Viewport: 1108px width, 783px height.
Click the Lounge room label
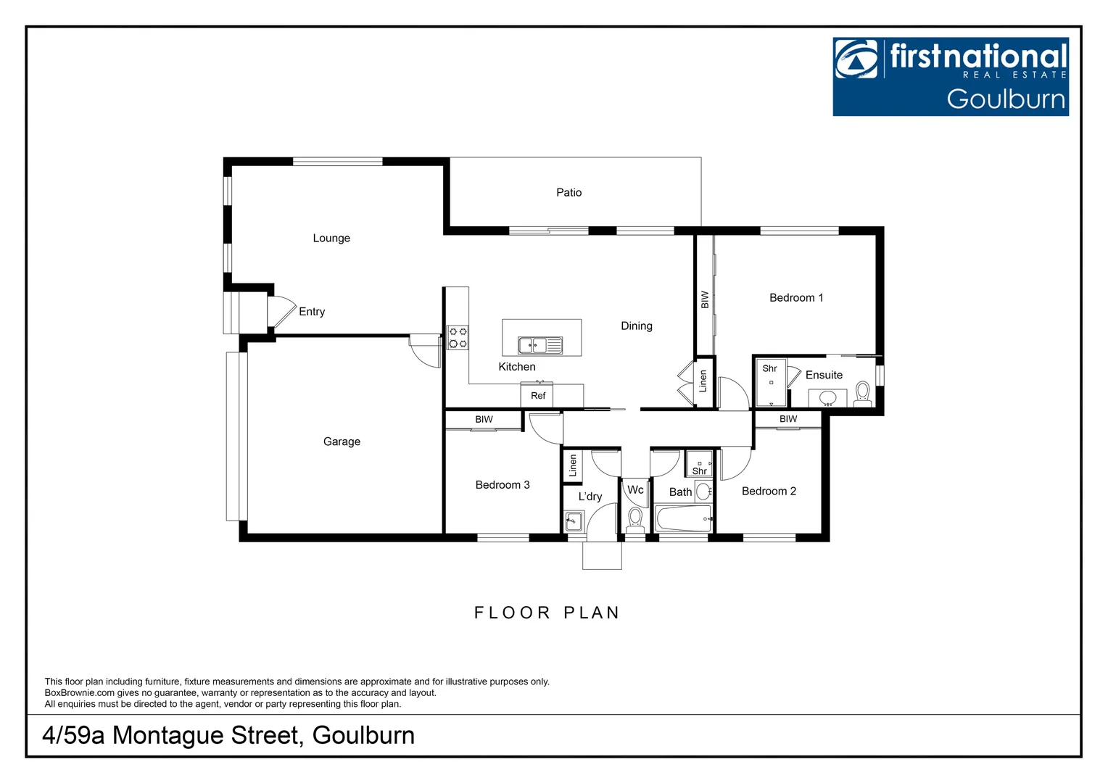click(331, 239)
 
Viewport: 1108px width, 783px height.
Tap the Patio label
click(569, 193)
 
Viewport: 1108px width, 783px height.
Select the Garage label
click(342, 442)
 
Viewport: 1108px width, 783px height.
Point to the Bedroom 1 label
click(796, 298)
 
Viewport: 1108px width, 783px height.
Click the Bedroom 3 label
click(503, 485)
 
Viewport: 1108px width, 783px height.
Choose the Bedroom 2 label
click(769, 492)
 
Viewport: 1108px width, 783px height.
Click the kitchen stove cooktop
click(458, 338)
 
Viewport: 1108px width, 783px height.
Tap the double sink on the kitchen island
click(539, 346)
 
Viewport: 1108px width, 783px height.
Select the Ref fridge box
click(537, 396)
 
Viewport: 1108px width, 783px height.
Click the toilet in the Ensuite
click(862, 393)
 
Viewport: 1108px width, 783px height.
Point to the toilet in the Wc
click(635, 519)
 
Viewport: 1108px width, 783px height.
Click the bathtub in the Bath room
click(683, 519)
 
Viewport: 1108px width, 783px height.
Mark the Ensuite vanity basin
click(827, 398)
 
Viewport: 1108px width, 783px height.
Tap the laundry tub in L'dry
click(574, 521)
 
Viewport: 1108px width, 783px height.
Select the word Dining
click(636, 326)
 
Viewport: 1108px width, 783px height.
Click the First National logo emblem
click(856, 59)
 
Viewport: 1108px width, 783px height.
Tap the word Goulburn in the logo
click(1006, 99)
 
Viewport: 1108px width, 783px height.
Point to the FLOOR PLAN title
click(547, 613)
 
